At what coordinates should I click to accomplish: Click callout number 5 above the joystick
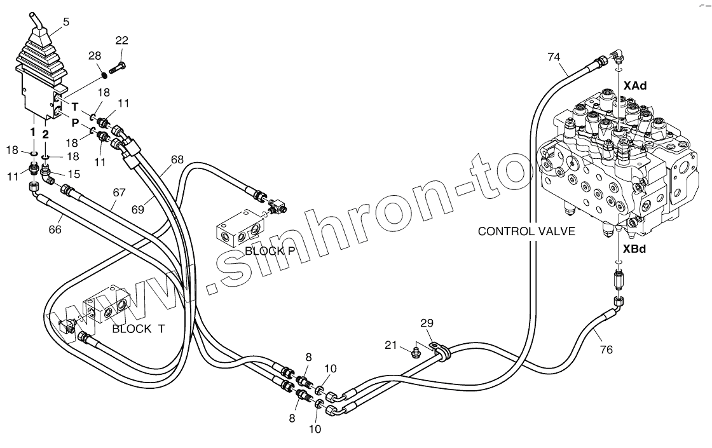pyautogui.click(x=66, y=22)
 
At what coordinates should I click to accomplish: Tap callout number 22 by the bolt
pyautogui.click(x=121, y=41)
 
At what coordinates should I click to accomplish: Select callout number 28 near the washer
pyautogui.click(x=95, y=57)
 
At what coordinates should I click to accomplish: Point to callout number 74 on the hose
pyautogui.click(x=554, y=57)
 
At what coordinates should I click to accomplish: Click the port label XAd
pyautogui.click(x=634, y=85)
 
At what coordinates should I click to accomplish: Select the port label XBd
pyautogui.click(x=634, y=249)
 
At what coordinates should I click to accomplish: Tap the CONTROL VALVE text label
pyautogui.click(x=526, y=231)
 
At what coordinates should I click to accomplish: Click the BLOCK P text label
pyautogui.click(x=270, y=250)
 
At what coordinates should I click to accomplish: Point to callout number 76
pyautogui.click(x=606, y=350)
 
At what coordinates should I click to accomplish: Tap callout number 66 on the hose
pyautogui.click(x=55, y=229)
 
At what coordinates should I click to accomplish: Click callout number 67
pyautogui.click(x=119, y=193)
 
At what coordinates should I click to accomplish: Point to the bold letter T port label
pyautogui.click(x=74, y=107)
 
